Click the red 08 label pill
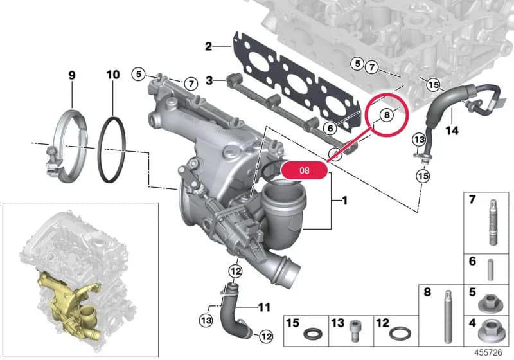(304, 170)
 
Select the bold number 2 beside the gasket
(208, 46)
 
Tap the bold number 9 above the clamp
(72, 75)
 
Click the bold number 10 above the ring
(113, 75)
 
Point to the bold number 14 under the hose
(452, 130)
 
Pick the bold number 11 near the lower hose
(264, 307)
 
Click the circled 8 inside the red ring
(387, 115)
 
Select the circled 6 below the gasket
(330, 128)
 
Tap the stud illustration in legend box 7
(493, 222)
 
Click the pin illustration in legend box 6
(490, 270)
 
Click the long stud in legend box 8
(448, 316)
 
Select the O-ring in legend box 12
(400, 334)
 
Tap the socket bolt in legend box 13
(355, 331)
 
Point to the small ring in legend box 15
(313, 334)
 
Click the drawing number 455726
(488, 352)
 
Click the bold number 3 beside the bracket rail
(209, 80)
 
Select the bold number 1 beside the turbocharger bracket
(344, 200)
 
